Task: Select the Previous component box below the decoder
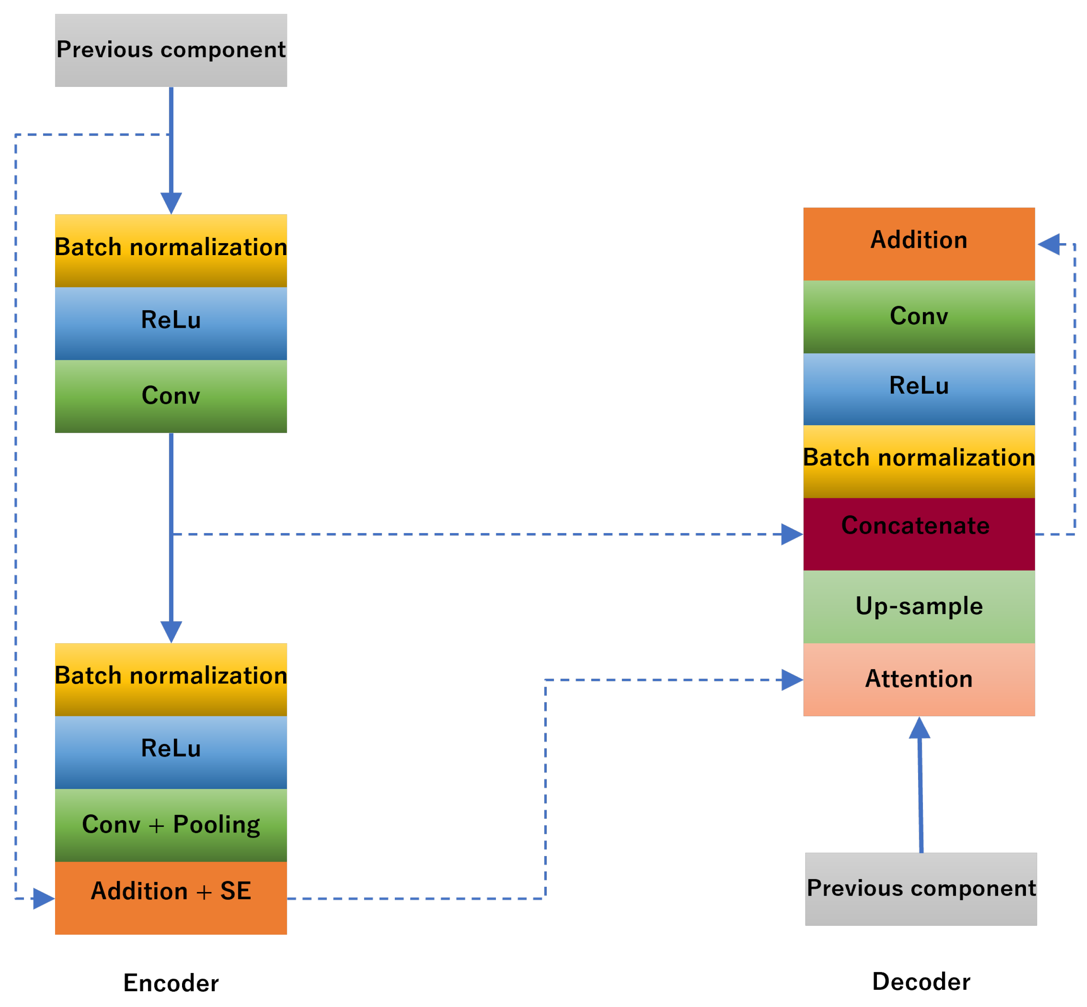pos(920,889)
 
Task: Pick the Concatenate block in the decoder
pos(919,533)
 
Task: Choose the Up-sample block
pos(919,607)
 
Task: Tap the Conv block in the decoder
pos(919,317)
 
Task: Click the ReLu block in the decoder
pos(919,388)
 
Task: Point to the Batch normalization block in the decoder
pos(919,461)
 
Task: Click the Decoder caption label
pos(921,981)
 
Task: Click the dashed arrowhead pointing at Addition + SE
pos(43,898)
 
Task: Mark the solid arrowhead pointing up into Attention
pos(919,728)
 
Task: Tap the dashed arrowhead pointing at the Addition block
pos(1048,244)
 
